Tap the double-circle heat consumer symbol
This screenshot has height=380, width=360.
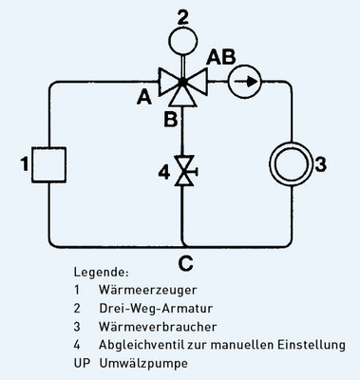pos(285,163)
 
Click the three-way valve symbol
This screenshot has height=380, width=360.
pos(180,84)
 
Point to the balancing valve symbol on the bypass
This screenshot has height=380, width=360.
pos(180,171)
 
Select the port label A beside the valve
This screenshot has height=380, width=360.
pos(144,94)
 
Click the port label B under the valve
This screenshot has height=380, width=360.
pos(168,118)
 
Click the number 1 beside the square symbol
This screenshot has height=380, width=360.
pos(24,165)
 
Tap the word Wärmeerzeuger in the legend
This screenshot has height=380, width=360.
pos(142,289)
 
